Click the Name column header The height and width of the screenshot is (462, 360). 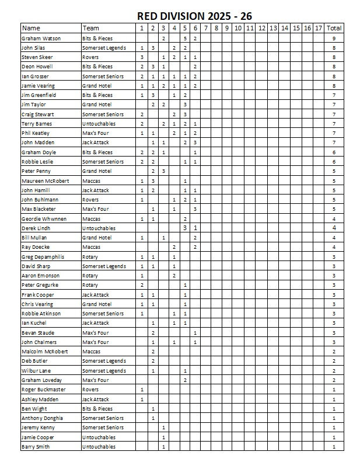click(31, 28)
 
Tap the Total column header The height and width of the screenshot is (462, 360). click(334, 28)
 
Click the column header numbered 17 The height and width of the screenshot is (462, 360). click(318, 28)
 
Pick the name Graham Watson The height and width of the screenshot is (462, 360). click(37, 38)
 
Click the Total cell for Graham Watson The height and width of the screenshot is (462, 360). click(334, 38)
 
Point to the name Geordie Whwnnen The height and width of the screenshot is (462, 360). click(41, 218)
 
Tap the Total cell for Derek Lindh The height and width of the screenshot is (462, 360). click(334, 228)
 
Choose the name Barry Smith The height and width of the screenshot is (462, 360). click(34, 447)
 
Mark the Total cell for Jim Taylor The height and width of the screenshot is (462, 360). click(334, 105)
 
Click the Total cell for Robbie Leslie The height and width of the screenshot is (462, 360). click(334, 162)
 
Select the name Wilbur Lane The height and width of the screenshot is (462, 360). click(35, 370)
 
